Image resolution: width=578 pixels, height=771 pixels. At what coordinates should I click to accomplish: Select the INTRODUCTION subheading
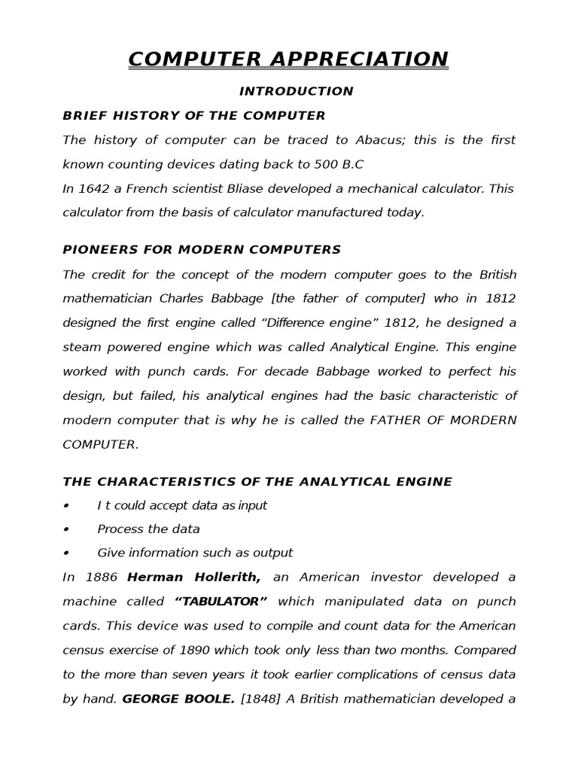tap(296, 91)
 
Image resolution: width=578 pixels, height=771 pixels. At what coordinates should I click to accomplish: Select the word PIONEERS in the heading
tap(98, 249)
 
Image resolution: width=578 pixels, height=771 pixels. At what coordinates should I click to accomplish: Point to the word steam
tap(81, 346)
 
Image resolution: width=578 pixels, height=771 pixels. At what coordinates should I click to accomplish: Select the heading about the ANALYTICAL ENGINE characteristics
tap(257, 482)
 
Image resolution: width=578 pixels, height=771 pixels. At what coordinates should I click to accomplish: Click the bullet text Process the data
tap(148, 529)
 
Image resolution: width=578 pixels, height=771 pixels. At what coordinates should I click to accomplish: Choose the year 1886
tap(99, 577)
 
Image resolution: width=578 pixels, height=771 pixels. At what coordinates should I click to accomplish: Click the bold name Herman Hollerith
tap(194, 577)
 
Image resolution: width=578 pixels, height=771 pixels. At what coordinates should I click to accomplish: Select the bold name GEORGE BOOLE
tap(178, 699)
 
